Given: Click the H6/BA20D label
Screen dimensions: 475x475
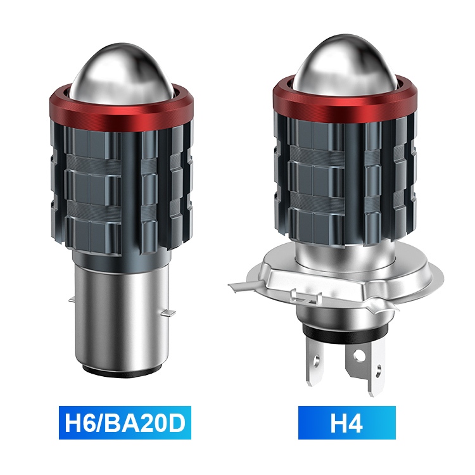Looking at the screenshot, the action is click(x=125, y=422).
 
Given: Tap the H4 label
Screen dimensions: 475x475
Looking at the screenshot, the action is click(x=346, y=422).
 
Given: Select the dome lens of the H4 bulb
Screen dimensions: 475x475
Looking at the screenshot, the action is click(x=345, y=65).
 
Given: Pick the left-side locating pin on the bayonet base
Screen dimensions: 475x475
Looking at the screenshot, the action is click(x=72, y=300).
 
